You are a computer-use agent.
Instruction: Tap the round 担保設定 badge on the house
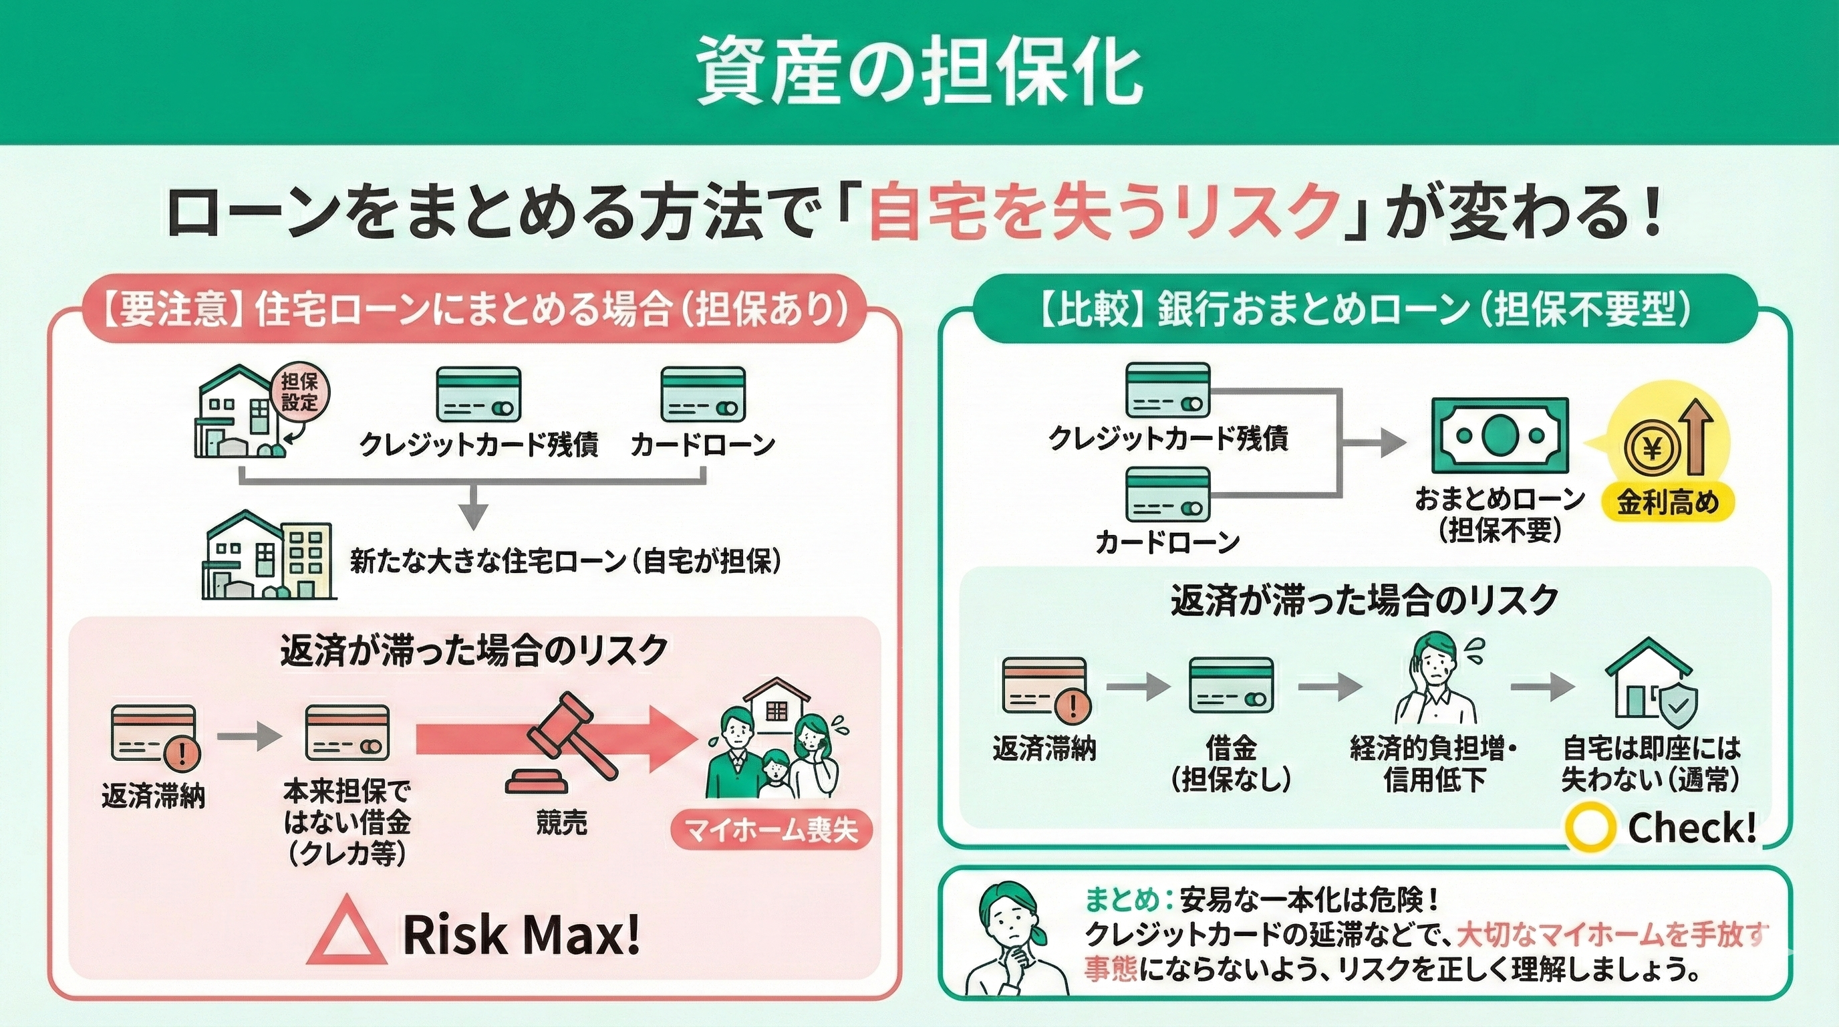(x=299, y=392)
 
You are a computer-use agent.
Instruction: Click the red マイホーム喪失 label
(x=772, y=830)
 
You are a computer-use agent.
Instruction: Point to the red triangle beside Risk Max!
(x=348, y=933)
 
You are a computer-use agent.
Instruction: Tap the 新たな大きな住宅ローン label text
(x=565, y=562)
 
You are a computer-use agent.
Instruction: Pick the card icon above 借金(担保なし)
(x=1231, y=684)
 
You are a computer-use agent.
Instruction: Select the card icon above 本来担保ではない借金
(x=347, y=732)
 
